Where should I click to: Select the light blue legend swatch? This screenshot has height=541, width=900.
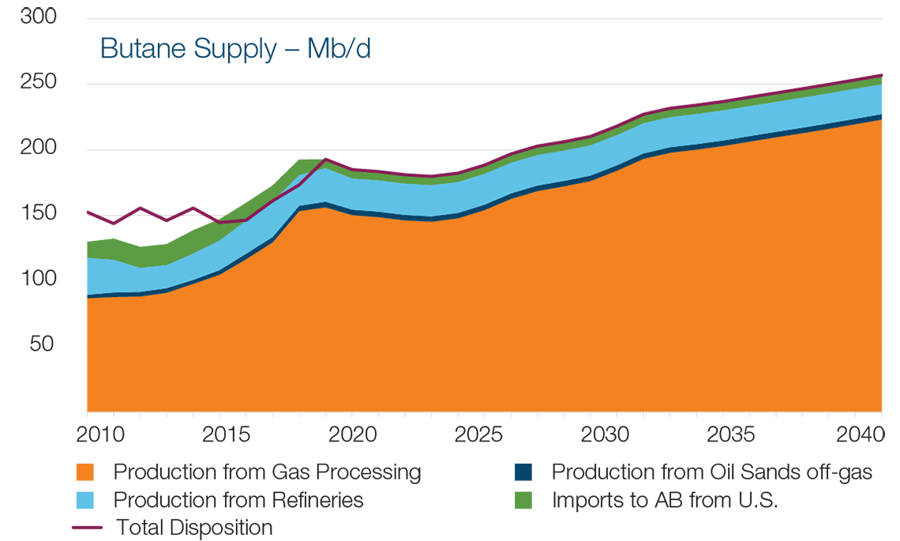[62, 499]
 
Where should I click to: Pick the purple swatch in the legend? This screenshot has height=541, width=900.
[62, 527]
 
